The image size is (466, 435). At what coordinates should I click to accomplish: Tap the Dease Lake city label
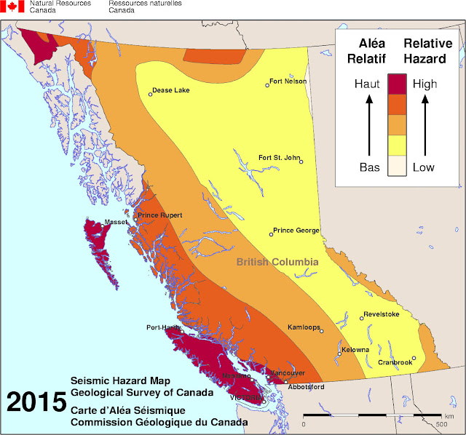pyautogui.click(x=172, y=91)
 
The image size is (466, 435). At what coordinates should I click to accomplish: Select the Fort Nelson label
pyautogui.click(x=288, y=81)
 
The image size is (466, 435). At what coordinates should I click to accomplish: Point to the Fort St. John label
pyautogui.click(x=280, y=157)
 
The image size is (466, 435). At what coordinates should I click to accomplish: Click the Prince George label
pyautogui.click(x=296, y=231)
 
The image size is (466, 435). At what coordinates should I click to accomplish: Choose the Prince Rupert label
pyautogui.click(x=159, y=215)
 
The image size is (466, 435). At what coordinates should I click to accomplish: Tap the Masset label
pyautogui.click(x=116, y=222)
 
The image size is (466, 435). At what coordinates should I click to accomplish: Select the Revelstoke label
pyautogui.click(x=381, y=315)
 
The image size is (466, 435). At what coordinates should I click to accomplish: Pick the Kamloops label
pyautogui.click(x=304, y=327)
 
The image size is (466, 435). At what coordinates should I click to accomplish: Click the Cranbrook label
pyautogui.click(x=395, y=362)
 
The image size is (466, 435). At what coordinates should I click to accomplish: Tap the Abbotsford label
pyautogui.click(x=306, y=387)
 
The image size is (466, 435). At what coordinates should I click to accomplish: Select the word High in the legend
pyautogui.click(x=424, y=84)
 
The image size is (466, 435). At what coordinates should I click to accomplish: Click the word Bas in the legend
pyautogui.click(x=368, y=167)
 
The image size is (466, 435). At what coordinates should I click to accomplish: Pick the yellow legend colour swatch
pyautogui.click(x=397, y=145)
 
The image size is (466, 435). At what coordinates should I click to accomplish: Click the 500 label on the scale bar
pyautogui.click(x=441, y=424)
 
